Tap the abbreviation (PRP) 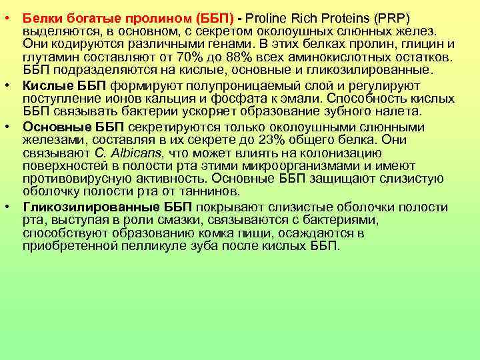(x=391, y=15)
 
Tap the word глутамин (x=47, y=57)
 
